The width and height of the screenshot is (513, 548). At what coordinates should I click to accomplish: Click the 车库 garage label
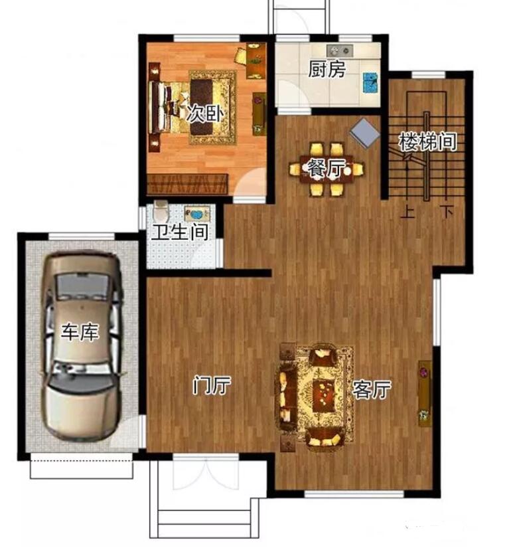tap(80, 332)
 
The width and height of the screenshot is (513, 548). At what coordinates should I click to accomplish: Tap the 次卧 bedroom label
tap(205, 114)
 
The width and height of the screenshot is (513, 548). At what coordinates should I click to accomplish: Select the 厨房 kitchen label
tap(327, 69)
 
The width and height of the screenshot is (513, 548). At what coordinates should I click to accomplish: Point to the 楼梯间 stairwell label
tap(428, 141)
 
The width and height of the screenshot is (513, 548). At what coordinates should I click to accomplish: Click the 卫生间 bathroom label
tap(181, 232)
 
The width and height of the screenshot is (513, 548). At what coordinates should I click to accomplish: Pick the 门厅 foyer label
tap(212, 385)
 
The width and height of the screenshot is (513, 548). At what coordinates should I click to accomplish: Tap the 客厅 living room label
tap(372, 389)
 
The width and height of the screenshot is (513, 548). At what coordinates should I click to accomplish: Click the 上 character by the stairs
tap(407, 212)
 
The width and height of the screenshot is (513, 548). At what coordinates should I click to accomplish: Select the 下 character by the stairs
tap(447, 212)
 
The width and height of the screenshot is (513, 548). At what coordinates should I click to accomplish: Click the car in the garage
tap(82, 346)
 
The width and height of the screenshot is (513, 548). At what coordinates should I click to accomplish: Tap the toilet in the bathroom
tap(161, 209)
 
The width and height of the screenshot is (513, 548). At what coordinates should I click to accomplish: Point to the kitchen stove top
tap(339, 50)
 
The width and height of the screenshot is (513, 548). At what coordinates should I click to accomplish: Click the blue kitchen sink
tap(370, 83)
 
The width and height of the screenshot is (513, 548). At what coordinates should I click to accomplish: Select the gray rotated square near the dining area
tap(364, 133)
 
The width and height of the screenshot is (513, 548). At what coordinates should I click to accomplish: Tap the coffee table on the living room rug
tap(324, 397)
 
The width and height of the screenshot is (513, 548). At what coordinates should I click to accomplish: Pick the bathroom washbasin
tap(197, 213)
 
